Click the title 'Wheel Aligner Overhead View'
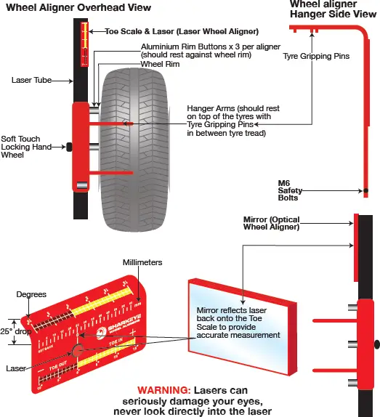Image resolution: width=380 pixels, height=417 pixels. pos(78,8)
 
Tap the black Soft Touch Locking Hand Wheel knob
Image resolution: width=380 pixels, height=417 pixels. pos(70,147)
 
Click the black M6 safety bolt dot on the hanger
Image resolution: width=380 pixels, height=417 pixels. pos(365,191)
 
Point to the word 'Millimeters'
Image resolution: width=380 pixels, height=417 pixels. pos(142,262)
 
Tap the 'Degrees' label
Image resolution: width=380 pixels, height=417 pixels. pos(32,294)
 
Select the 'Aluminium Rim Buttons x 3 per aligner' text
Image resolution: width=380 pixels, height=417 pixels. pos(199,46)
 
